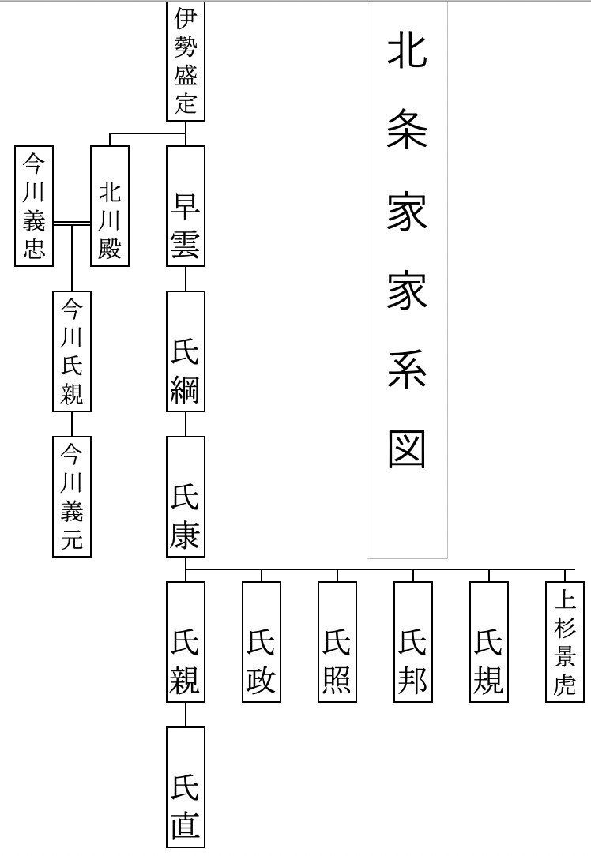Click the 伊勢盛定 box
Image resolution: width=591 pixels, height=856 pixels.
click(x=186, y=61)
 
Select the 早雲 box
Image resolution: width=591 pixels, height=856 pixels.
click(x=186, y=206)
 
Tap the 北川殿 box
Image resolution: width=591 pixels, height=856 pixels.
click(x=110, y=206)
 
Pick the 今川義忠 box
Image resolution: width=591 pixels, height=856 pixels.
click(x=34, y=206)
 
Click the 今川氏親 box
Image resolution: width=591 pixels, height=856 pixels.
click(x=72, y=351)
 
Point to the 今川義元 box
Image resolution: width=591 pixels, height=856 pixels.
click(x=72, y=496)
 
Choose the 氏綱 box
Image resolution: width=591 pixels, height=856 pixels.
click(x=186, y=351)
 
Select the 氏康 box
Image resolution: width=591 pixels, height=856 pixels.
click(x=186, y=496)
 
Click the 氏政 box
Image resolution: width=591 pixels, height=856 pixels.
click(x=262, y=641)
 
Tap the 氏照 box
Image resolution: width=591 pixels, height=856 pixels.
click(x=337, y=641)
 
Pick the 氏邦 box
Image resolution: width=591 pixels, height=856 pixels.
click(x=413, y=641)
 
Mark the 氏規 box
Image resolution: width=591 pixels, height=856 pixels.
click(x=489, y=641)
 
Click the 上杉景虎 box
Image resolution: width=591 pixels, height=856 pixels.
click(x=566, y=641)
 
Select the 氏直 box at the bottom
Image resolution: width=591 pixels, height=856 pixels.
click(x=186, y=787)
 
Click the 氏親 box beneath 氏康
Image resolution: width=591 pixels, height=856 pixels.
click(x=186, y=641)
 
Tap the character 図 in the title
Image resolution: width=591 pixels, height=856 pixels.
click(x=407, y=449)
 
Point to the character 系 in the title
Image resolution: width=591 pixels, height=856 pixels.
click(x=407, y=370)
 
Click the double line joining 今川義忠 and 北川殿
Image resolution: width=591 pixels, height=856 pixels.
click(x=72, y=223)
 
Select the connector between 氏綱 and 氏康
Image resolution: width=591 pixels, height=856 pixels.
click(x=186, y=423)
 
